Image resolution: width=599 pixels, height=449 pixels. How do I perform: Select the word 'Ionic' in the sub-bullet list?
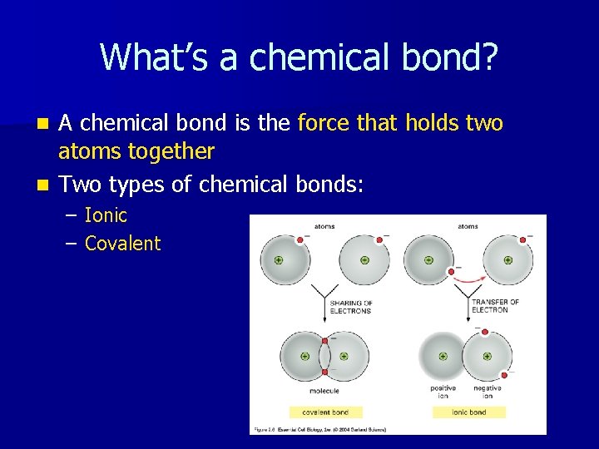click(106, 215)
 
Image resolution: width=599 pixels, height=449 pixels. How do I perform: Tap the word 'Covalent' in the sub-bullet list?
click(122, 243)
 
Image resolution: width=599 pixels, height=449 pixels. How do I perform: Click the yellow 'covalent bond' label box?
click(325, 412)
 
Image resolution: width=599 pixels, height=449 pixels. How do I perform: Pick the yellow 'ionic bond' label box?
click(468, 412)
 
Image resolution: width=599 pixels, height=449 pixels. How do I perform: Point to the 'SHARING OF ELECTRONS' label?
click(351, 307)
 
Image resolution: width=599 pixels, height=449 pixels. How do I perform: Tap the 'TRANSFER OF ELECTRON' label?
click(495, 307)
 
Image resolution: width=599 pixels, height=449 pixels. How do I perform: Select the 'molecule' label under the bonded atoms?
click(324, 390)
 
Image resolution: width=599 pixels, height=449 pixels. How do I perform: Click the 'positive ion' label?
click(443, 392)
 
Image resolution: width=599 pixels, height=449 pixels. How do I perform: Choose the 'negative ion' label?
click(488, 392)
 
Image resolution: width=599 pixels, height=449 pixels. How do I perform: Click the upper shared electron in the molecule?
click(325, 340)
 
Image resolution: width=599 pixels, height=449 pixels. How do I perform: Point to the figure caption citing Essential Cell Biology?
click(320, 429)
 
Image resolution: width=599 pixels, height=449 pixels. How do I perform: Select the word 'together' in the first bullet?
click(178, 151)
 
